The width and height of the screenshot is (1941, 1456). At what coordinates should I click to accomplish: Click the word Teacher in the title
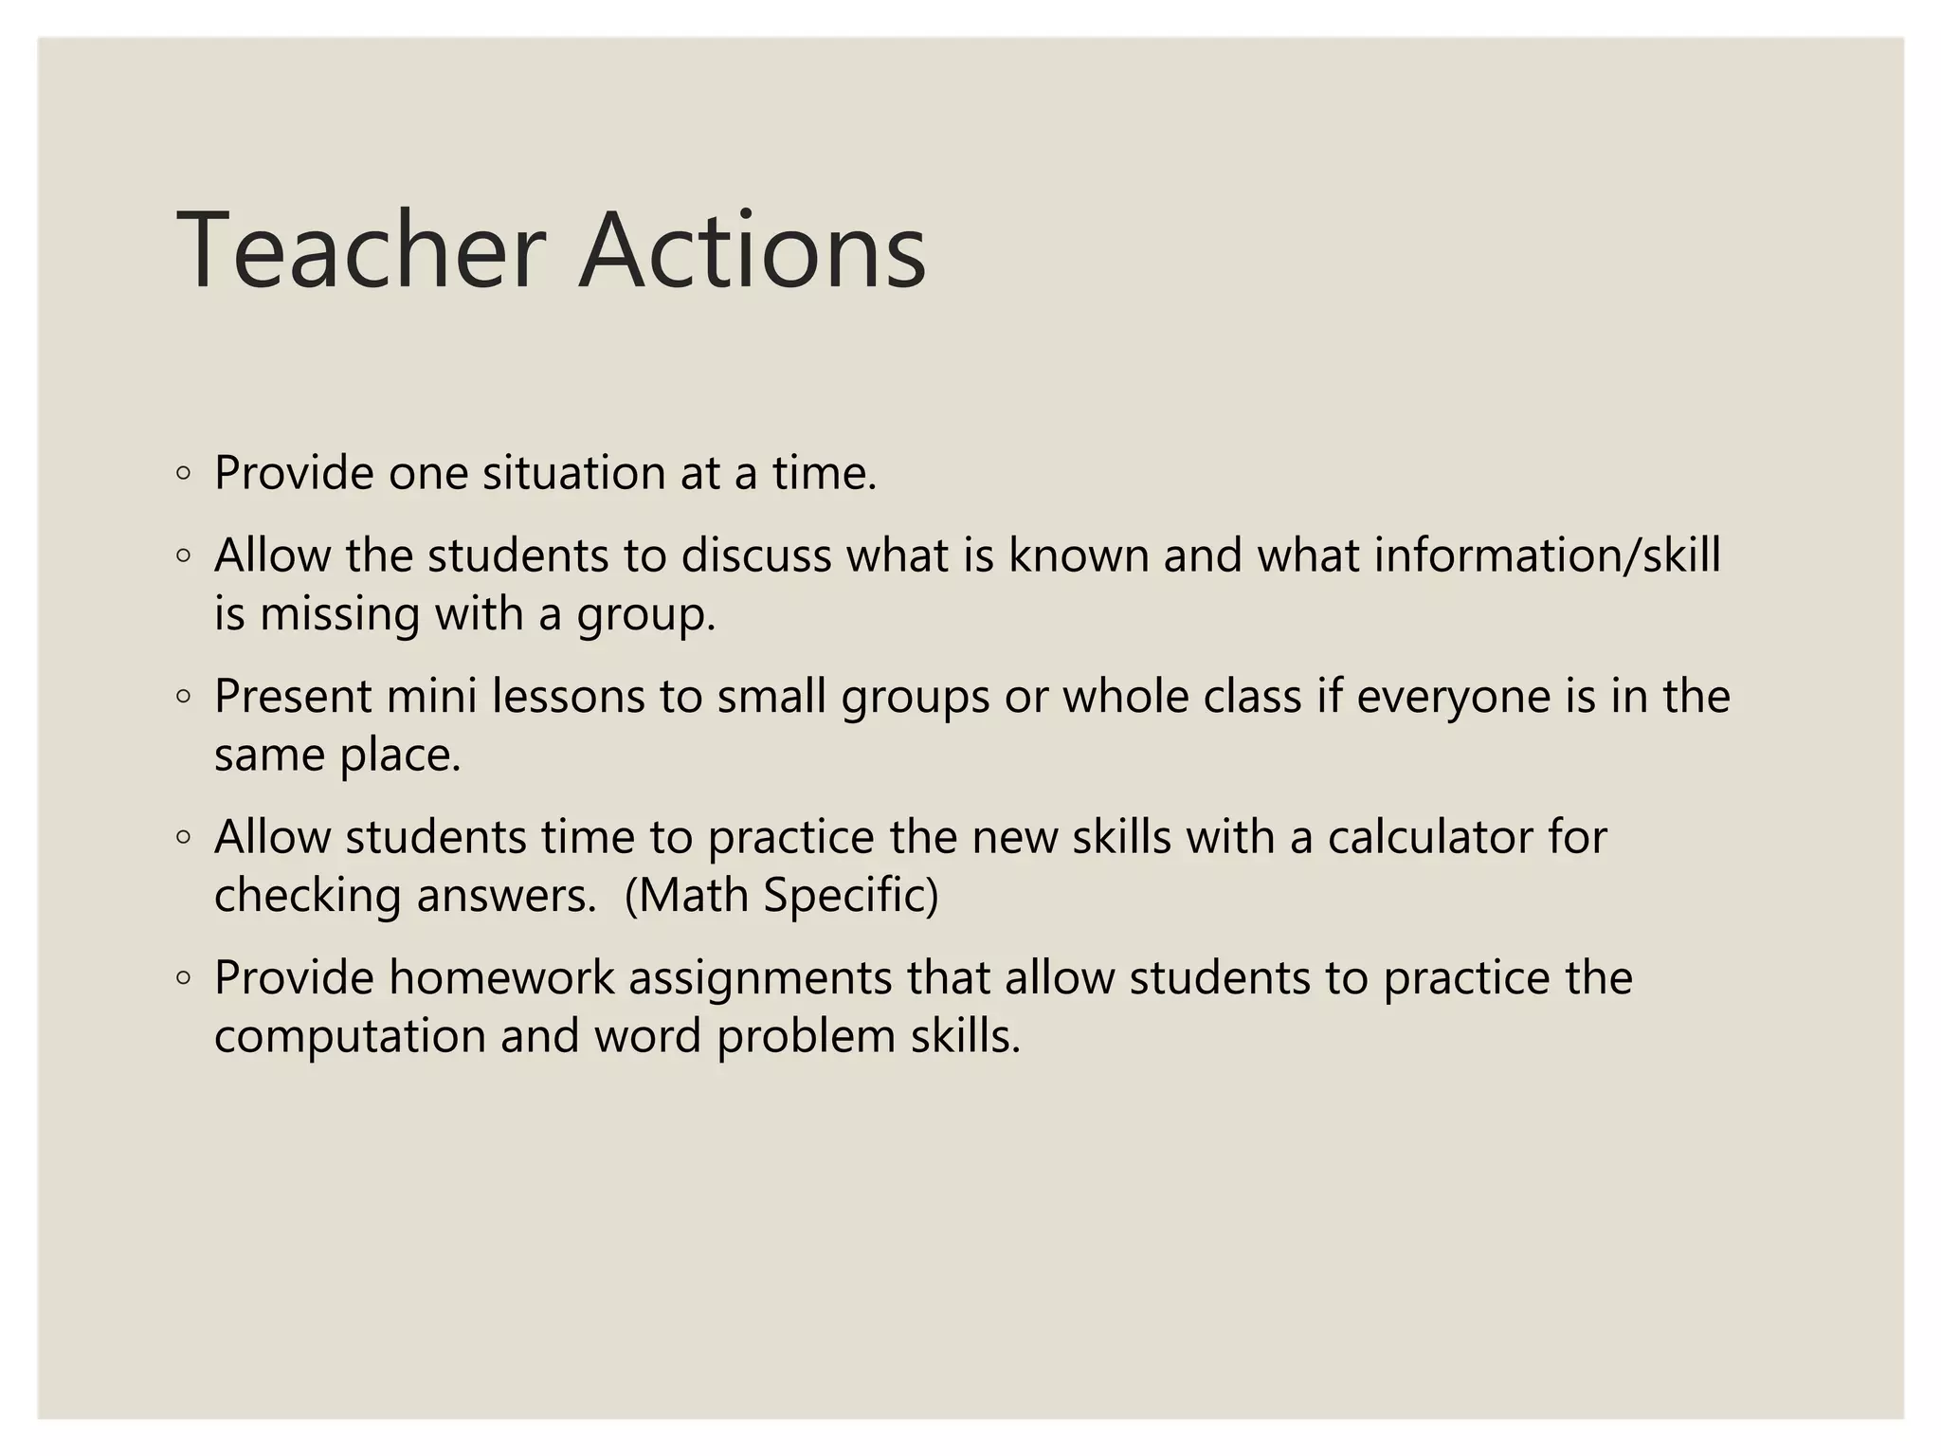click(361, 251)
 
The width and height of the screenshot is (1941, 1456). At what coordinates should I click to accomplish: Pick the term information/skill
click(1547, 555)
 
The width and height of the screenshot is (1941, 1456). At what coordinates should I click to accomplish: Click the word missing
click(340, 614)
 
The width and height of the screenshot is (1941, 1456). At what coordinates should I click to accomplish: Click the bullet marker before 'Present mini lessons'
click(184, 697)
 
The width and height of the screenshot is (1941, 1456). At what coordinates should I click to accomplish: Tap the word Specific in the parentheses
click(850, 896)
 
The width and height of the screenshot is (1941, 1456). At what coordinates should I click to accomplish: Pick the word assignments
click(760, 978)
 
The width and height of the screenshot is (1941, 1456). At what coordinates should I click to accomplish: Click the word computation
click(350, 1036)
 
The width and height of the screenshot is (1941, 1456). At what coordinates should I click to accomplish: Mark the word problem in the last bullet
click(806, 1036)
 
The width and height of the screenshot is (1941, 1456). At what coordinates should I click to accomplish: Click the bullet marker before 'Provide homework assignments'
click(184, 978)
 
